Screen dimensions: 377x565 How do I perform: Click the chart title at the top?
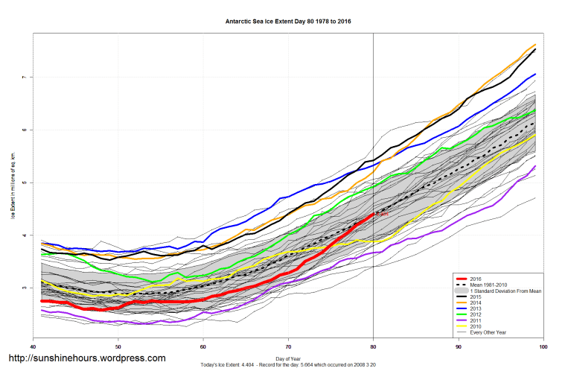[x=288, y=22]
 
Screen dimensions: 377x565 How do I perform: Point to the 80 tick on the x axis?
[x=373, y=348]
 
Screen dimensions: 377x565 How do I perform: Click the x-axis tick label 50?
[x=118, y=348]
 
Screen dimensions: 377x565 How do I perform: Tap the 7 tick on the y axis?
[x=25, y=77]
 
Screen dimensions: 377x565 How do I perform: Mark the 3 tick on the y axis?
[x=25, y=288]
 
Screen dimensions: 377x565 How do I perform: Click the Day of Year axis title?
[x=288, y=357]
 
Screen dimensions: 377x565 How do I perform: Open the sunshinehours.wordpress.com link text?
[x=86, y=358]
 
